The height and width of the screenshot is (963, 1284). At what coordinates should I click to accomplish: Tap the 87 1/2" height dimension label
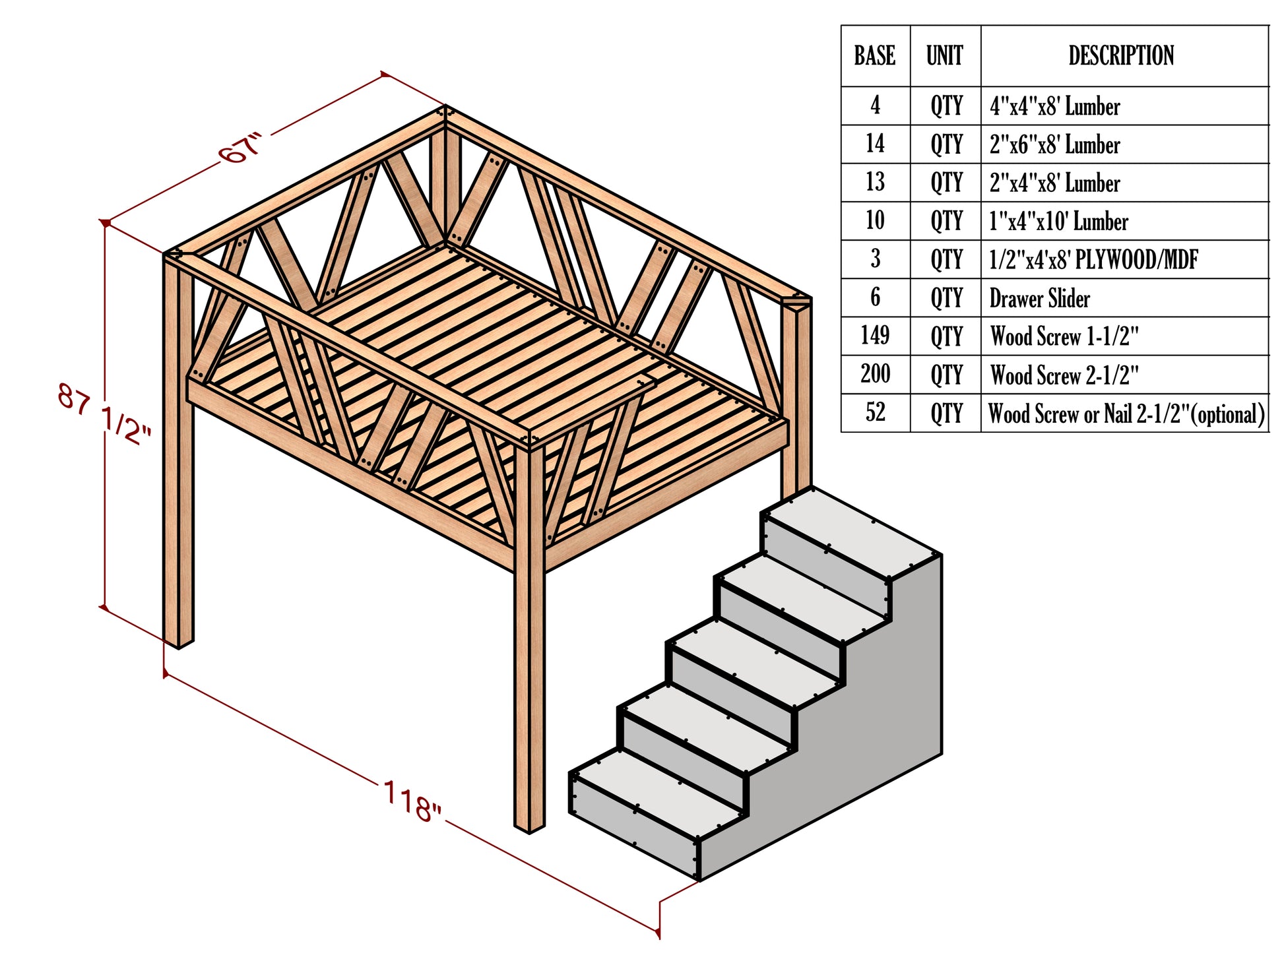(x=104, y=415)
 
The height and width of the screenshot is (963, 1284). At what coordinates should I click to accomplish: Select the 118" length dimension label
(x=412, y=801)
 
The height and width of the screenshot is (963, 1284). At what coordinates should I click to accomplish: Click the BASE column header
(x=874, y=56)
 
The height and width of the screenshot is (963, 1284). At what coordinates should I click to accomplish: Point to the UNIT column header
(x=944, y=56)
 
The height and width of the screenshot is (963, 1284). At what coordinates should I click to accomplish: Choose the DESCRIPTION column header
(x=1121, y=56)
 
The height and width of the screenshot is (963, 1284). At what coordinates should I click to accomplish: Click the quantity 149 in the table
(x=874, y=336)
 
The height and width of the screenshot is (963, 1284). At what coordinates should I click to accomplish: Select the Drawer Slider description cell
(x=1039, y=298)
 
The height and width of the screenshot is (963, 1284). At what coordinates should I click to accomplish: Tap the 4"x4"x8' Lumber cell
(x=1054, y=106)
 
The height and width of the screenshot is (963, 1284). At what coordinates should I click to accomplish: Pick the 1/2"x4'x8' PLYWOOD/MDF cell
(x=1093, y=260)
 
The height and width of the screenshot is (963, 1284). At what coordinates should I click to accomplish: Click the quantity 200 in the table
(x=874, y=374)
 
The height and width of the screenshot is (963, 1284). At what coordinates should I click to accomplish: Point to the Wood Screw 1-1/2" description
(x=1064, y=336)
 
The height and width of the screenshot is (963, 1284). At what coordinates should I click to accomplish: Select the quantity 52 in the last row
(x=875, y=413)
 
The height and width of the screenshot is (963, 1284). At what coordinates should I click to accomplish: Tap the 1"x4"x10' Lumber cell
(x=1058, y=222)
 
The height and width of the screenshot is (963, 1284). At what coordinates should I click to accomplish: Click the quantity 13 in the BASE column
(x=875, y=183)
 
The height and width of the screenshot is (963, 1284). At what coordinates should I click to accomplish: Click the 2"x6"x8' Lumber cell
(x=1054, y=144)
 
